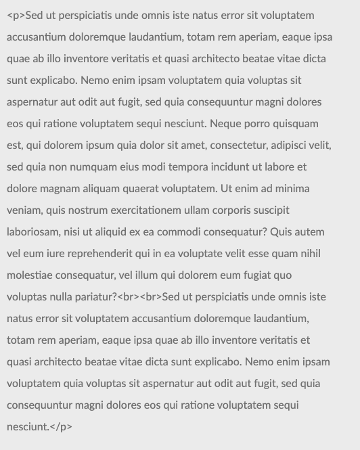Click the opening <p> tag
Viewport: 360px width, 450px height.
(16, 16)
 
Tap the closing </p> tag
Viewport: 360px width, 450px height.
(62, 427)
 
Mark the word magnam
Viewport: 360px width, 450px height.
(62, 189)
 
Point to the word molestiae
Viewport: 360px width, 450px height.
(30, 275)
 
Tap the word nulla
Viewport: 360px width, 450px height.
(60, 297)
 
